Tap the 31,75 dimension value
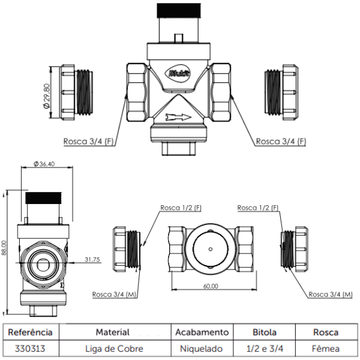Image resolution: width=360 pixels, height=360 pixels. click(92, 260)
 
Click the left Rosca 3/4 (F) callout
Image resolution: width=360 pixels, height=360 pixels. click(88, 142)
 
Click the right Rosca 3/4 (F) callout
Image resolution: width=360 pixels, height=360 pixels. click(281, 142)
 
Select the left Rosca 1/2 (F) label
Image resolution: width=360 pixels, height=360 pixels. click(181, 208)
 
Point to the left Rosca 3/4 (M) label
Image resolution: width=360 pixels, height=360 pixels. click(114, 294)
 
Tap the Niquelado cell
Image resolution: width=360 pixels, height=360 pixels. click(202, 348)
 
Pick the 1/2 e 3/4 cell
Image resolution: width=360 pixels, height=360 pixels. click(264, 348)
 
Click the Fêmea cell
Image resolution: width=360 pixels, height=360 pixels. click(326, 348)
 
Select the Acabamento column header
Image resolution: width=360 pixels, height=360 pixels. click(202, 332)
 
